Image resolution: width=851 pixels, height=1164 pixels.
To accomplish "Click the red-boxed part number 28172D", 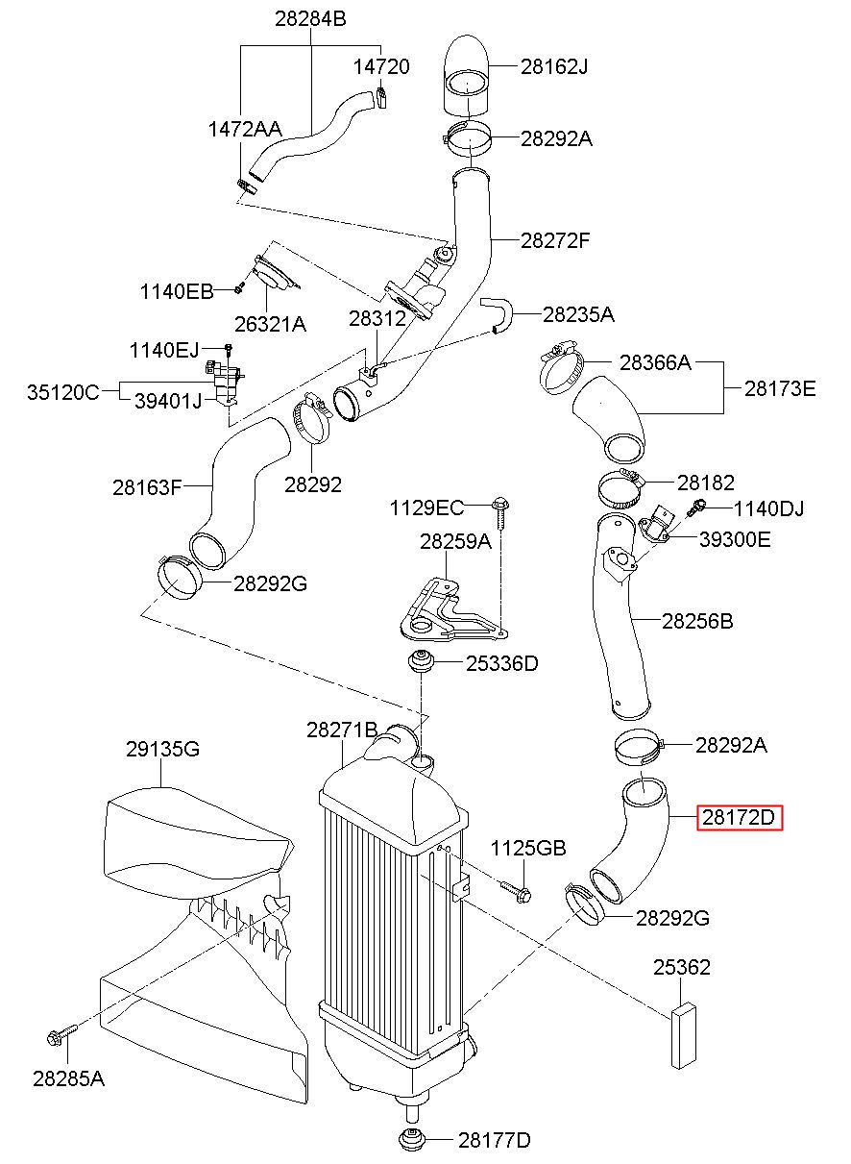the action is (739, 817).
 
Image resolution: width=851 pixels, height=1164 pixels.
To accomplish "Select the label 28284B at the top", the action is (310, 19).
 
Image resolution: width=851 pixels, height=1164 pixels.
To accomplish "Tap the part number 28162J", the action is (554, 66).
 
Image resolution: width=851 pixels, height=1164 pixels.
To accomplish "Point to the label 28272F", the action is (555, 240).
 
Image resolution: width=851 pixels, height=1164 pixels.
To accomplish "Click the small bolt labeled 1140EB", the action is (239, 287).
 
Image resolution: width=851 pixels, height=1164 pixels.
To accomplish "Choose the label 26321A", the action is (270, 324).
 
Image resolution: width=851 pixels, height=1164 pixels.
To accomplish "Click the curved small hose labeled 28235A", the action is (497, 314).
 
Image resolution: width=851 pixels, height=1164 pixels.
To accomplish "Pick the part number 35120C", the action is (62, 392).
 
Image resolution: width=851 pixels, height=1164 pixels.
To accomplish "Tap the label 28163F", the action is (148, 487).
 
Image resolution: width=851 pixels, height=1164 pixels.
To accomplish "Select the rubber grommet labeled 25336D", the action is (420, 661).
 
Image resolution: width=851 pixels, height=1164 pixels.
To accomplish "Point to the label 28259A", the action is (455, 542).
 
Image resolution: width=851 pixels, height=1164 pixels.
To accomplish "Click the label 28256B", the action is (697, 621).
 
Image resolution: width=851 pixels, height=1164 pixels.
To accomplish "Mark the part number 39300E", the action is (735, 539).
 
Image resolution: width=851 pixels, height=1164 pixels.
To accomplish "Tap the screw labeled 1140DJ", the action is (696, 507).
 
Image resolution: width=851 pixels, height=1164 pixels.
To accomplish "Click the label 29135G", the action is (162, 749).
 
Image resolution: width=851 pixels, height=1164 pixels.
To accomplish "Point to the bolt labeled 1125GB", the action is (516, 893).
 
